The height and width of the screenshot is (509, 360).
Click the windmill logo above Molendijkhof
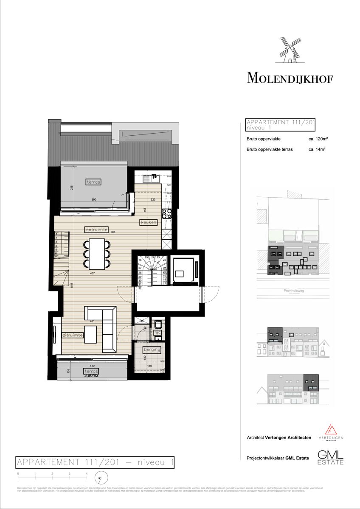[290, 50]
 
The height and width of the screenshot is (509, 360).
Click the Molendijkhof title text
[290, 78]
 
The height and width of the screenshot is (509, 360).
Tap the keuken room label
[148, 222]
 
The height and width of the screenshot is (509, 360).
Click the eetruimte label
[96, 229]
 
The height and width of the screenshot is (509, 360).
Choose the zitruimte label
[73, 335]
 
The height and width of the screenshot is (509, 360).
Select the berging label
[152, 350]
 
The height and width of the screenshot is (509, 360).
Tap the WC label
[157, 333]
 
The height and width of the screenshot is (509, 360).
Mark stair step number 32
[140, 288]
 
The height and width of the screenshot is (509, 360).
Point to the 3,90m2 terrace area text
[91, 375]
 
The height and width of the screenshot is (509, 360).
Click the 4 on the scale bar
[87, 473]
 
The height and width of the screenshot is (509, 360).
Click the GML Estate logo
[330, 457]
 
